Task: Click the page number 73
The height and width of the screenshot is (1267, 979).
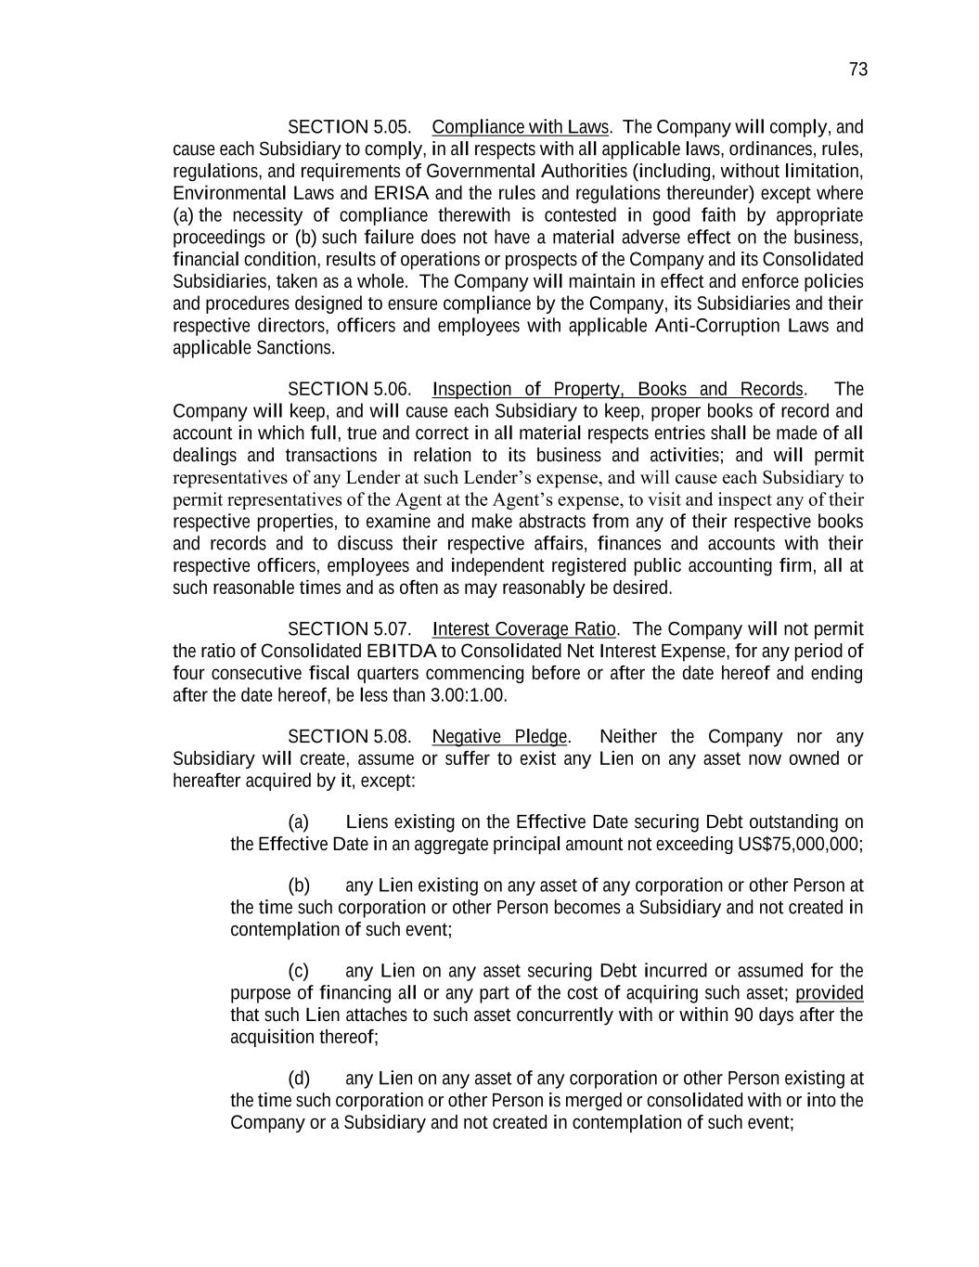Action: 857,70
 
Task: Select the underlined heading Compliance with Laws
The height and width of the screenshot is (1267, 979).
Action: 520,127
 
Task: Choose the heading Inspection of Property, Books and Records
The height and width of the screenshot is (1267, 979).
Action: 617,389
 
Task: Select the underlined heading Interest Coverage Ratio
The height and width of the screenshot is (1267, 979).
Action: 524,629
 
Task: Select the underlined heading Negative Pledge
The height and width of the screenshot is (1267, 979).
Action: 499,737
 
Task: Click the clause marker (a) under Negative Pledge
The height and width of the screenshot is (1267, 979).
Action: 298,822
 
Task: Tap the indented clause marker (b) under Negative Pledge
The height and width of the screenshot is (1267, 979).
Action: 298,886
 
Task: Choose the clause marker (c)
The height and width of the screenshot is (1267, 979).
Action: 298,971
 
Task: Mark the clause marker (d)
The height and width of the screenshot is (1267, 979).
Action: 298,1079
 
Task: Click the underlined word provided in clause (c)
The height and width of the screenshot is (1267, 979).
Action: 829,993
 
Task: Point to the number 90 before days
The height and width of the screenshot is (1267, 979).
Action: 743,1015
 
